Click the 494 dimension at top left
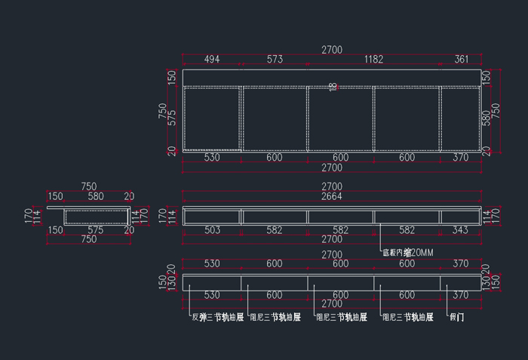212,60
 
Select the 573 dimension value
274,60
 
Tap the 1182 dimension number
373,60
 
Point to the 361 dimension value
461,60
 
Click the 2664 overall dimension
332,197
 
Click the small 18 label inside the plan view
333,87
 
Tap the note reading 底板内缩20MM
407,252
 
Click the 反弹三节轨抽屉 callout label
217,318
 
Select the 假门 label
456,318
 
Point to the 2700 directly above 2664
332,186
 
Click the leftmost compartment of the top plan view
212,118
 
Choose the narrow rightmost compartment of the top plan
460,118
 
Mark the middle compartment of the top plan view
340,118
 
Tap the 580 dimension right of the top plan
486,118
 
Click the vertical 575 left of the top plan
173,118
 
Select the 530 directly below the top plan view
212,158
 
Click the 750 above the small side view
89,186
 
